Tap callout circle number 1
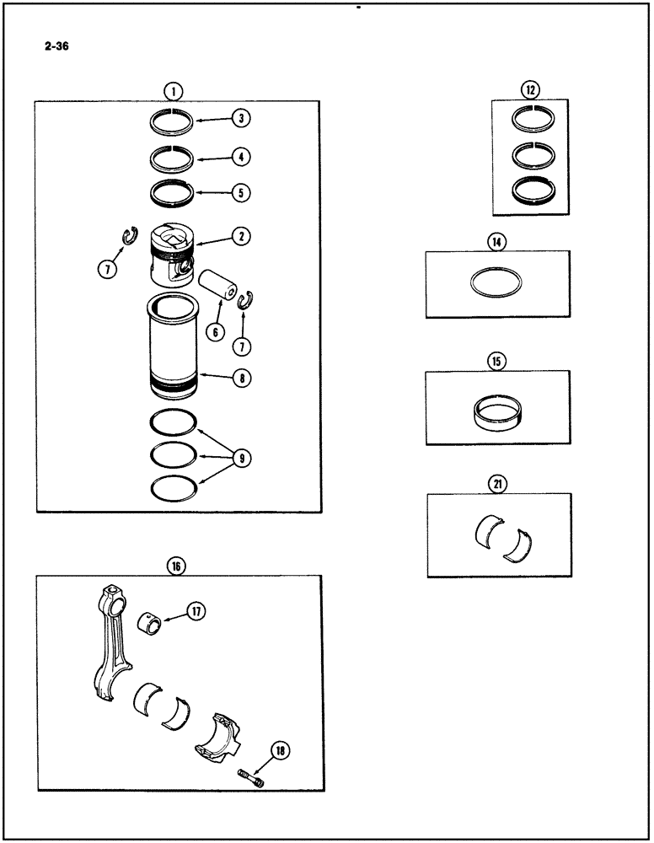(173, 91)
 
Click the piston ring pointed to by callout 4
(173, 157)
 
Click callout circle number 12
(529, 90)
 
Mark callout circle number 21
(496, 483)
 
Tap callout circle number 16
(176, 566)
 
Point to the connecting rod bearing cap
(217, 734)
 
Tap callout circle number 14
(496, 242)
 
